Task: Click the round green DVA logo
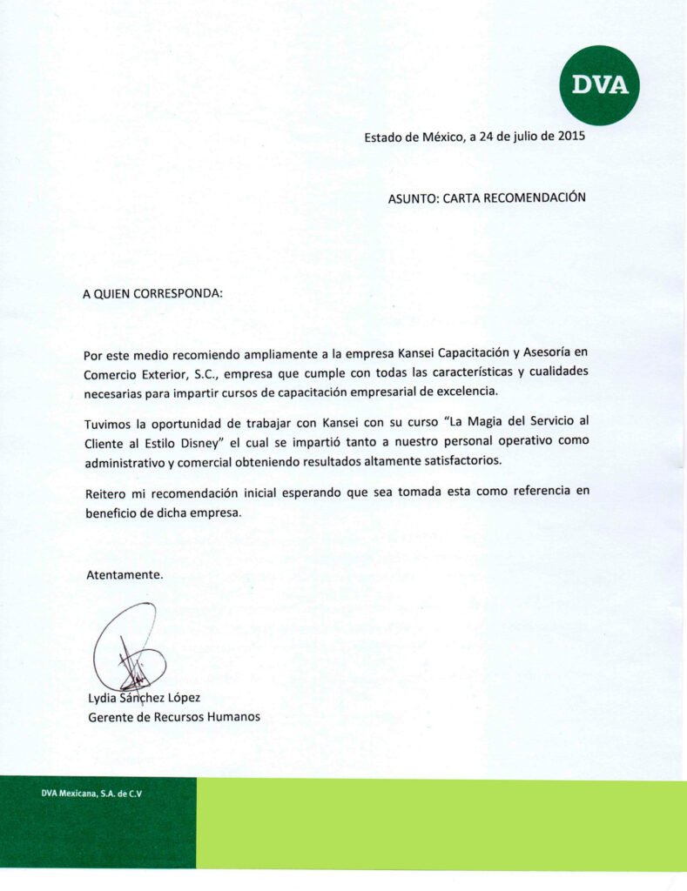[x=599, y=84]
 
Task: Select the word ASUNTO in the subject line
[x=412, y=198]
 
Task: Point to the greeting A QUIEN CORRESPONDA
[x=152, y=293]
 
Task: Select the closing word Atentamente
[x=125, y=575]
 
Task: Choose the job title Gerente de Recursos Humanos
[x=173, y=717]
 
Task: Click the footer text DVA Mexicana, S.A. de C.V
[x=91, y=794]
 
